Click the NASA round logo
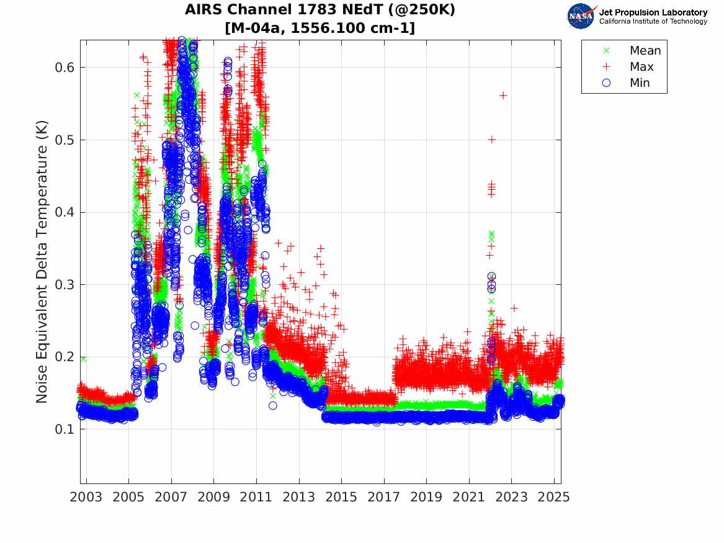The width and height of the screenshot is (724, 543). click(x=581, y=16)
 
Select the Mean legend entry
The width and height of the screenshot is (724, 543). click(x=645, y=51)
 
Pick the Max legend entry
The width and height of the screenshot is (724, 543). click(x=641, y=67)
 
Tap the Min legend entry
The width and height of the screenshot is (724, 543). click(x=640, y=83)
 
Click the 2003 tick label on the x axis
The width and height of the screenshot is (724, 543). click(x=86, y=497)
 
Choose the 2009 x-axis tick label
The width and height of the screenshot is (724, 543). click(x=214, y=497)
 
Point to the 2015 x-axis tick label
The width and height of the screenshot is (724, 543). click(x=342, y=497)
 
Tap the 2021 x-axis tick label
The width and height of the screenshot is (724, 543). click(x=469, y=497)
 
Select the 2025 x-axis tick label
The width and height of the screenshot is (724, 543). click(x=554, y=497)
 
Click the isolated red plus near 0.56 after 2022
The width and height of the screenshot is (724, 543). click(x=503, y=95)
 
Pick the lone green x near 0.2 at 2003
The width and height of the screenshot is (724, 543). click(x=83, y=359)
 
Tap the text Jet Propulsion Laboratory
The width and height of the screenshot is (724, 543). click(x=653, y=12)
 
